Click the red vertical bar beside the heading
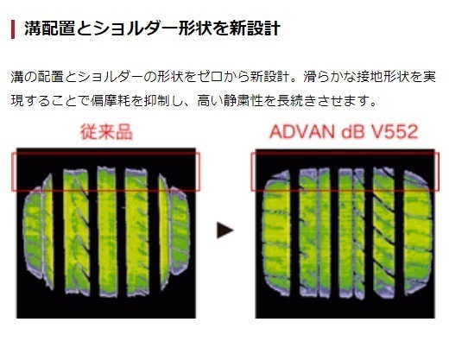pyautogui.click(x=12, y=29)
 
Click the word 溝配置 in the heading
pyautogui.click(x=42, y=29)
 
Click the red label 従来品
pyautogui.click(x=104, y=134)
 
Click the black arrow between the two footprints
pyautogui.click(x=225, y=230)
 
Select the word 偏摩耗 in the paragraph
pyautogui.click(x=135, y=101)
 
